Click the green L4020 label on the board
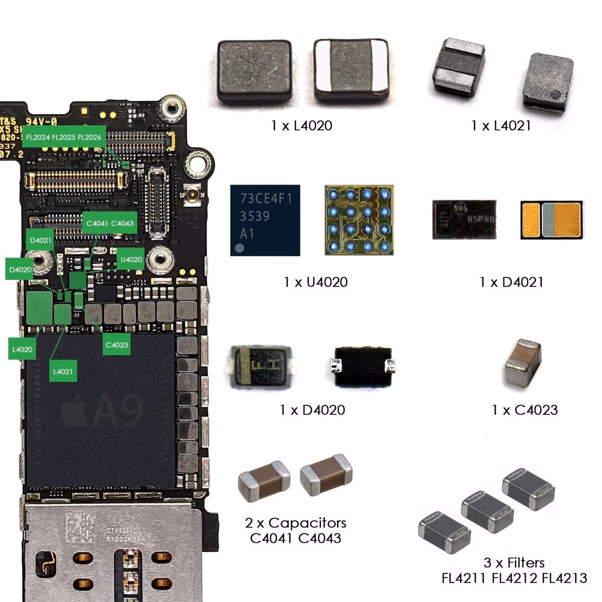[x=22, y=350]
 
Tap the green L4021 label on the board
[x=63, y=372]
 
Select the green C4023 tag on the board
[x=116, y=345]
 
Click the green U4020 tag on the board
[x=131, y=259]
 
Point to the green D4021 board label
[x=41, y=240]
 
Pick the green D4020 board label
[x=20, y=269]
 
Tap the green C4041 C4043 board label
[x=110, y=223]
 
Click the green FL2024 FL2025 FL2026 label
[x=64, y=137]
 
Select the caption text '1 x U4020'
[x=316, y=282]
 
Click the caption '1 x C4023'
[x=525, y=410]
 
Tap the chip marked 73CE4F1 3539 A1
[x=265, y=220]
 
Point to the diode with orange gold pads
[x=551, y=220]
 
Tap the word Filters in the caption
[x=525, y=562]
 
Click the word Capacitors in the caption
[x=308, y=523]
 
